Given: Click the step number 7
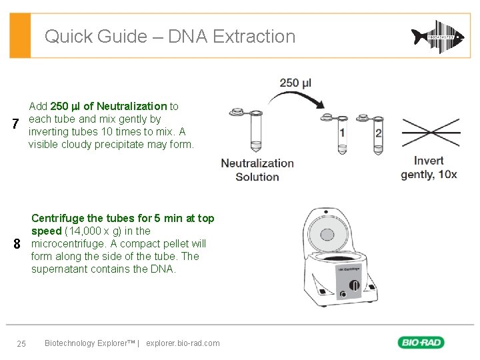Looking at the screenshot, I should [x=17, y=125].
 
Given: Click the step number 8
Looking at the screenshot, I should [x=18, y=244].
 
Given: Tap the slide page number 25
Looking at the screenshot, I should [x=21, y=343].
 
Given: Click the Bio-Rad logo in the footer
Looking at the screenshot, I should [x=420, y=343].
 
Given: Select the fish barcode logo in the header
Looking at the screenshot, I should [x=436, y=36].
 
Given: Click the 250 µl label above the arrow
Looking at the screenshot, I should [x=295, y=83].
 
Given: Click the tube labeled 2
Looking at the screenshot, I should [x=377, y=133].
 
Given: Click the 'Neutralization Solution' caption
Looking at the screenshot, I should [x=257, y=170].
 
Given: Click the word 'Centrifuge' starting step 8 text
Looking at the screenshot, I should [x=59, y=219].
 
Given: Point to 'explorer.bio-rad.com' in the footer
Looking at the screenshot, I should [x=182, y=343].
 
